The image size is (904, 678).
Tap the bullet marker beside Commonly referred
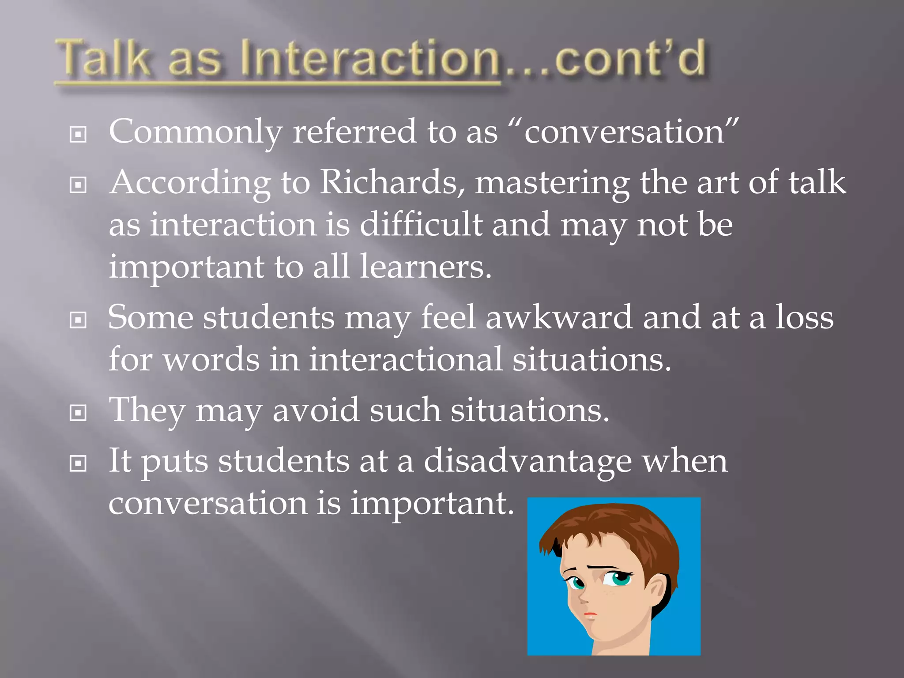point(78,134)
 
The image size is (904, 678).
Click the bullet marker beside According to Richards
point(78,185)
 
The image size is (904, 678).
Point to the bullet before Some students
point(78,320)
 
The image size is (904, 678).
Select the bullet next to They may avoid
point(78,413)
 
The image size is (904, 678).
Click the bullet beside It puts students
point(78,463)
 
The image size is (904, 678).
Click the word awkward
point(559,317)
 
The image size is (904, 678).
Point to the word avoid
point(316,410)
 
